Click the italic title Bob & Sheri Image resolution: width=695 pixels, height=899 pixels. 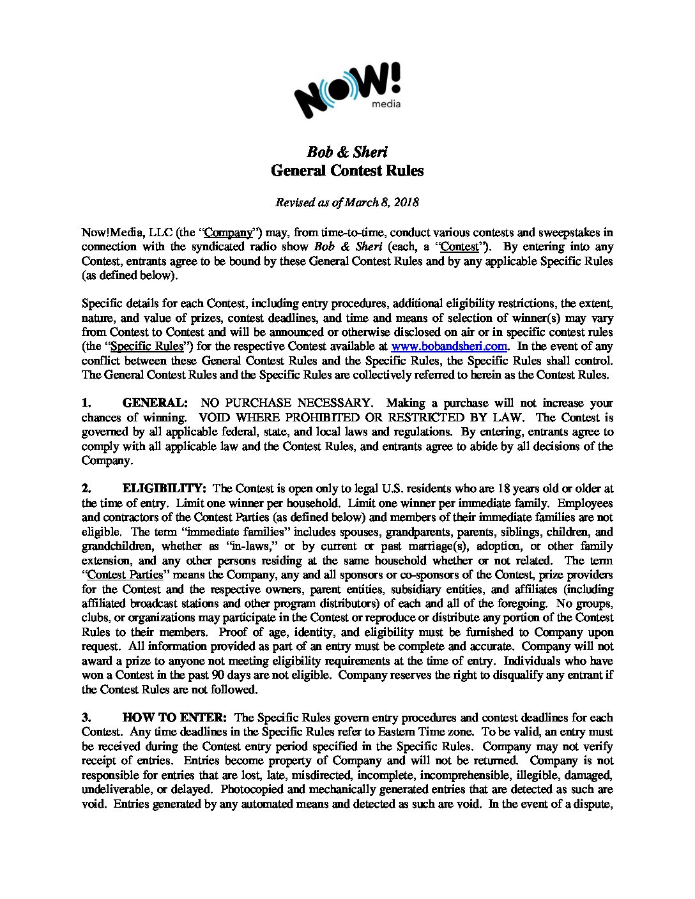click(347, 152)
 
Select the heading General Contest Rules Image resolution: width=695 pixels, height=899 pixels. click(347, 170)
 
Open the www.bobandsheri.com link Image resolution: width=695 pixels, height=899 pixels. click(449, 346)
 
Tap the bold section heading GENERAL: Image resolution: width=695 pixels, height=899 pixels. click(155, 403)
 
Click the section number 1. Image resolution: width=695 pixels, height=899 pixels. click(86, 403)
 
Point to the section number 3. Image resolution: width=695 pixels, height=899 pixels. click(86, 718)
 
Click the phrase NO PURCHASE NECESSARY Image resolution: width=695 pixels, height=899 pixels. click(286, 403)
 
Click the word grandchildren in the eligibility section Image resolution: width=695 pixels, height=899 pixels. click(117, 546)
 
